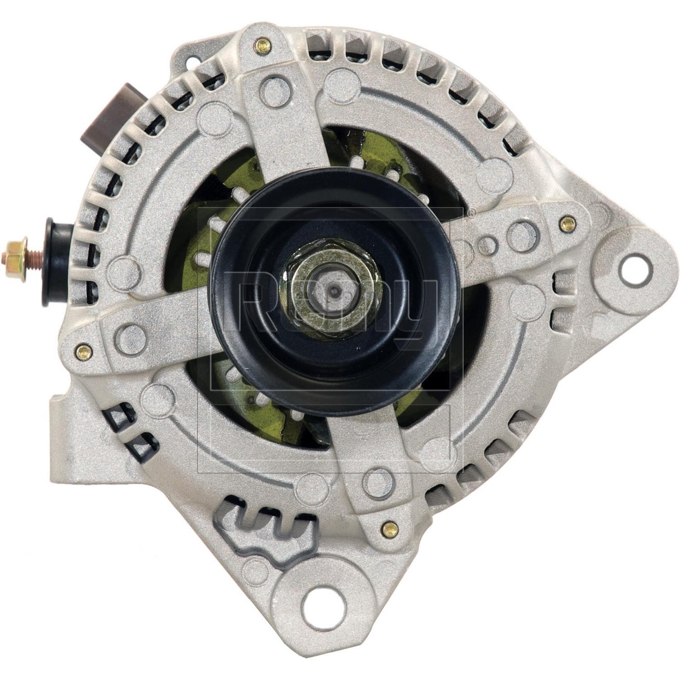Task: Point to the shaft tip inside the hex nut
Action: (x=334, y=291)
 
